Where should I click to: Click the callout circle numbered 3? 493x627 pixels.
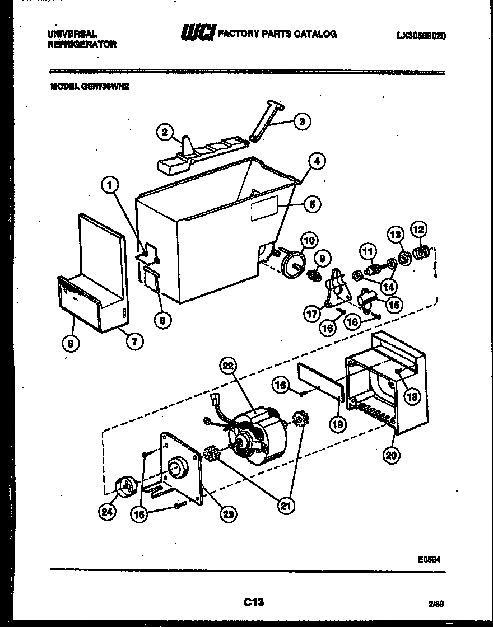coord(302,121)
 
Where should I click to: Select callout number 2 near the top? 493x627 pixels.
coord(164,132)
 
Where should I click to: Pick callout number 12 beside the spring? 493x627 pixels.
coord(418,229)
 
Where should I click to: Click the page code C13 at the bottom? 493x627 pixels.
coord(253,602)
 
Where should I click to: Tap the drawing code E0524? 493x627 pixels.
coord(429,558)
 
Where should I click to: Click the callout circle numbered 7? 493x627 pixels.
coord(134,341)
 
